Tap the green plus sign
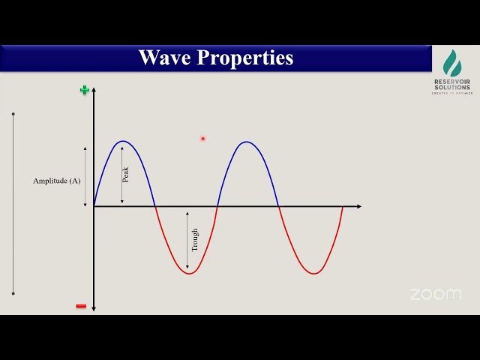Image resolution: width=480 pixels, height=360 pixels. (x=85, y=91)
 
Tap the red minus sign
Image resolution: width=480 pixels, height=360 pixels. (x=81, y=306)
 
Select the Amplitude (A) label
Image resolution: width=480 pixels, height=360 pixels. (x=57, y=181)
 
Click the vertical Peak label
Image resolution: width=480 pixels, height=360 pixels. (x=126, y=174)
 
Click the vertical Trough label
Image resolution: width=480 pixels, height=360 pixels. (x=195, y=239)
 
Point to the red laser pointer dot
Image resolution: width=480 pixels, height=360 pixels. (x=202, y=138)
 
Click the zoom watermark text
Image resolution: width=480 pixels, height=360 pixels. (x=436, y=295)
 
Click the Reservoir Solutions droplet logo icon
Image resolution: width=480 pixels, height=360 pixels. (x=452, y=64)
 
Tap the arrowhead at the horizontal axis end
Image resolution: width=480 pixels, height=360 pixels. (x=358, y=206)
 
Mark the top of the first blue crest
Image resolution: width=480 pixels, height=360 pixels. (x=124, y=141)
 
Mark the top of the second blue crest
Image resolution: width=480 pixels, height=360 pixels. (x=247, y=141)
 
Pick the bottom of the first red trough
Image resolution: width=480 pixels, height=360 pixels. (x=189, y=274)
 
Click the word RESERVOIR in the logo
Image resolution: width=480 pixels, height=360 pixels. (x=452, y=82)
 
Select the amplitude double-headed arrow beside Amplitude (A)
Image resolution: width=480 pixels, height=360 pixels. (x=85, y=176)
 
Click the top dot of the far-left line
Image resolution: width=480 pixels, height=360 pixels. (x=13, y=114)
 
